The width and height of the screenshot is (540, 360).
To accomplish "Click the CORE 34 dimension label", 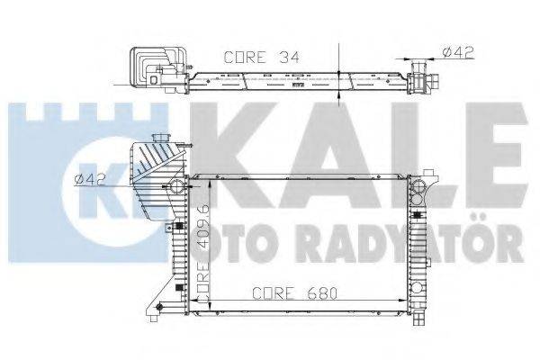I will [260, 56].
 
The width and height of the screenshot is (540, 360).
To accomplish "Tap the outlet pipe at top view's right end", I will [420, 78].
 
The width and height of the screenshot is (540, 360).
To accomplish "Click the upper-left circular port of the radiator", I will [176, 186].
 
